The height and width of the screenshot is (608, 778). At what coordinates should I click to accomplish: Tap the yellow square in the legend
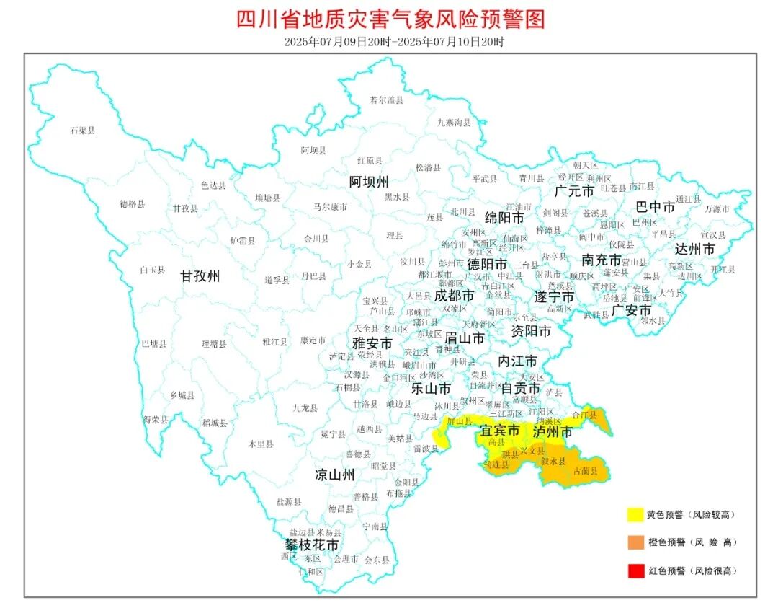[x=635, y=515]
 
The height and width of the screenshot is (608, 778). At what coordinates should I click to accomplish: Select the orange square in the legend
[x=635, y=542]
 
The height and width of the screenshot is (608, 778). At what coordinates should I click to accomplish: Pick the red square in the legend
[x=635, y=570]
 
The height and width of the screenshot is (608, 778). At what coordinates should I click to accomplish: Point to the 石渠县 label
[x=83, y=131]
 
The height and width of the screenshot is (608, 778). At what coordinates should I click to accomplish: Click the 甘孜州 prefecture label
[x=200, y=276]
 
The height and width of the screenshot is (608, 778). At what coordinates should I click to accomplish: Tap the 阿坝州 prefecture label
[x=369, y=180]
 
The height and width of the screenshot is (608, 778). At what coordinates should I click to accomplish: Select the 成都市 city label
[x=454, y=296]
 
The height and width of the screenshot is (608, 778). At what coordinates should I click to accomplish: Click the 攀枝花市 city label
[x=310, y=545]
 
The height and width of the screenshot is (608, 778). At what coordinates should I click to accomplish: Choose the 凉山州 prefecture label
[x=335, y=475]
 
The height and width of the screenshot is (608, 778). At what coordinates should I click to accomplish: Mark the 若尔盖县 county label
[x=387, y=100]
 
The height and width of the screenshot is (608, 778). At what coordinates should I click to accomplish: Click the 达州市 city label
[x=695, y=249]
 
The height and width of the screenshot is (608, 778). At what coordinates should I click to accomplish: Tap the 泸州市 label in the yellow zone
[x=553, y=431]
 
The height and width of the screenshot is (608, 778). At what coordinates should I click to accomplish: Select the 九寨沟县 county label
[x=454, y=123]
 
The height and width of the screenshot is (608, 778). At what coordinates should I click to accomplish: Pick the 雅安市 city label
[x=372, y=343]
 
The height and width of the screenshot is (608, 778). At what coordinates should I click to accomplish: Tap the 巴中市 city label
[x=656, y=207]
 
